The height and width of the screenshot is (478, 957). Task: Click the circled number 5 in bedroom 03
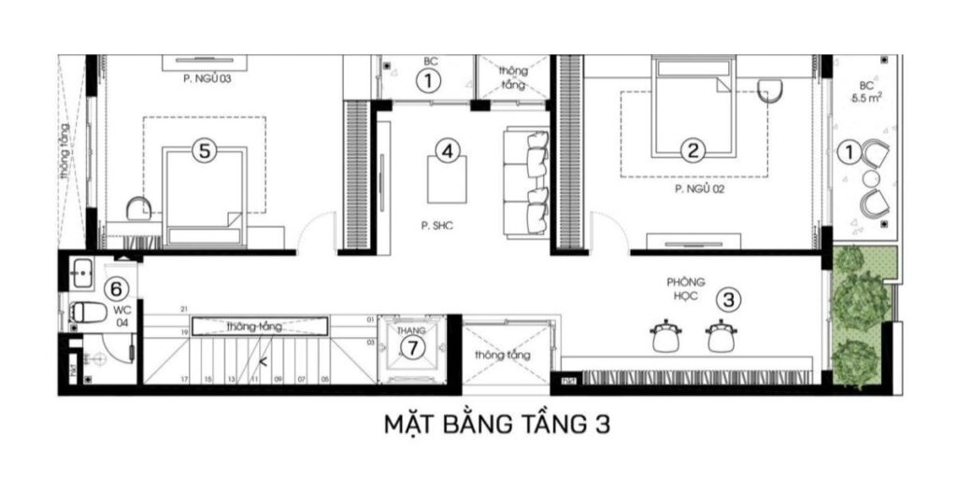click(206, 149)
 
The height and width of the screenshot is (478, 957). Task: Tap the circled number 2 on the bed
click(693, 149)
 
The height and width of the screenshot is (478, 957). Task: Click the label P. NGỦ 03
click(207, 79)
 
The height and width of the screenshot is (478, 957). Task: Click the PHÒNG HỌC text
click(685, 289)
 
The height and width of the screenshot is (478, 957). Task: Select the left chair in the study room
click(665, 335)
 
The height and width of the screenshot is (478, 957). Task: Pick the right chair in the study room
click(721, 335)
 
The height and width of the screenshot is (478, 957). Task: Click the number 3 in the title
click(602, 425)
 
